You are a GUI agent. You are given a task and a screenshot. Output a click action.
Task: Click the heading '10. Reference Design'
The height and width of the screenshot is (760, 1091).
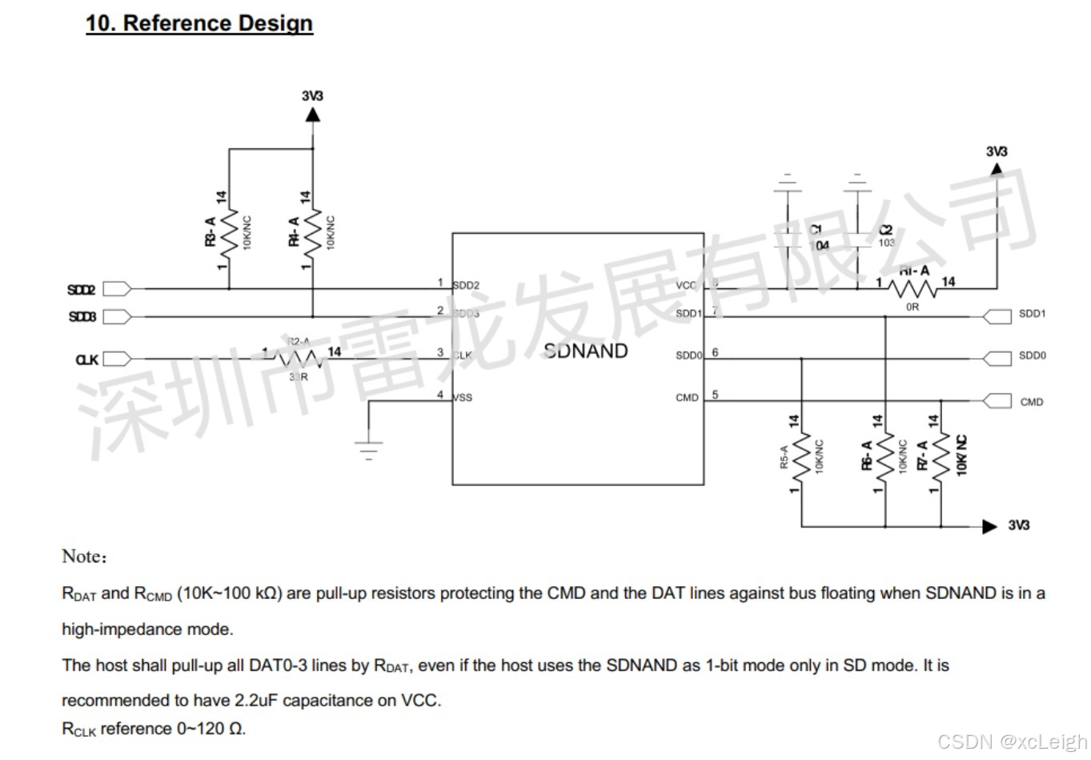pos(199,23)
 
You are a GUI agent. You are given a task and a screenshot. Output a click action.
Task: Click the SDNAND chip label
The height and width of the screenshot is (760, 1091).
pos(585,351)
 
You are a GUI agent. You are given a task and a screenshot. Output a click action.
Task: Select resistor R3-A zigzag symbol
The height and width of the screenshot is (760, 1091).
pos(229,233)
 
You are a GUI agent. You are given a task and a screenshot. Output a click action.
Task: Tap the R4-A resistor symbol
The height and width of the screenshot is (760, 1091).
pos(312,233)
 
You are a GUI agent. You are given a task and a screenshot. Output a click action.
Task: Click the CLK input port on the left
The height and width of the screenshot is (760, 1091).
pos(115,359)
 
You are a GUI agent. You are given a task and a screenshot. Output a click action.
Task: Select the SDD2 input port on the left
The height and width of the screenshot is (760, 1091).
pos(115,289)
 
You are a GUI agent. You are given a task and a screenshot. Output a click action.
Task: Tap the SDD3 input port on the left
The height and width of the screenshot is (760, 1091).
pos(115,316)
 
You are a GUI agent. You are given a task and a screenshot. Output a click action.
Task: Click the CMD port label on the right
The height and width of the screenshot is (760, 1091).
pos(1031,402)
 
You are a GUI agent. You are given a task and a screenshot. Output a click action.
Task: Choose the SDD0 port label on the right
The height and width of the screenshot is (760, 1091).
pos(1032,356)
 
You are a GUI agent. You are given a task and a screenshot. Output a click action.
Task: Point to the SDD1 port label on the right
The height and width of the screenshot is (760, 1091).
pos(1032,314)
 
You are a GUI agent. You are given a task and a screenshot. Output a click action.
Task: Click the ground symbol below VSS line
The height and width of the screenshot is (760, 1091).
pos(368,448)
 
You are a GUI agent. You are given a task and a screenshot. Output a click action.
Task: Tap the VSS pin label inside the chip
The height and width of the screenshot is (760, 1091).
pos(463,398)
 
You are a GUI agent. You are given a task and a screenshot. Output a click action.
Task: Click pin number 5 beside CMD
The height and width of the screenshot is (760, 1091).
pos(715,394)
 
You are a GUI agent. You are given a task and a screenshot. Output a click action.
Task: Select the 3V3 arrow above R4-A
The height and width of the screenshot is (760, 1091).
pos(312,114)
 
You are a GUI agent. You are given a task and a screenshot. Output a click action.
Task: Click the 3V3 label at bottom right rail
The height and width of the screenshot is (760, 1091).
pos(1018,525)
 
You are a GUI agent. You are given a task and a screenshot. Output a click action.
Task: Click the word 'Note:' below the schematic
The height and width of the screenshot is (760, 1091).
pos(84,557)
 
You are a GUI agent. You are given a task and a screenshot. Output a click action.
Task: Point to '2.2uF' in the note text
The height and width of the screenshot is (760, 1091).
pos(255,701)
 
